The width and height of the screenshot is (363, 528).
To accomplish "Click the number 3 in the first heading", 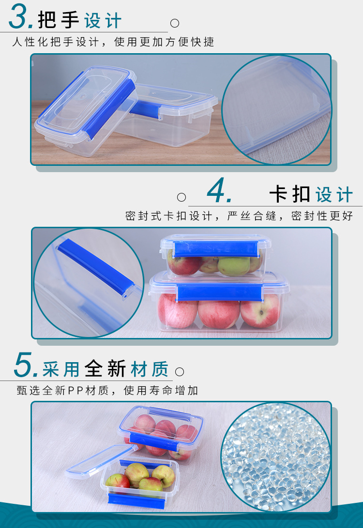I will (21, 18).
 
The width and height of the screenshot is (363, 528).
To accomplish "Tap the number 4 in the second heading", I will (219, 191).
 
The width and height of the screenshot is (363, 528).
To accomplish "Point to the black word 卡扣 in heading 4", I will (289, 194).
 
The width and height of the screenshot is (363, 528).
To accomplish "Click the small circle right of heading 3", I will (175, 23).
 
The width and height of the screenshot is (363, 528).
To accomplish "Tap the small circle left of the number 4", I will (181, 197).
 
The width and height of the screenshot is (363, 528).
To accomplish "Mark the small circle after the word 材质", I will (180, 371).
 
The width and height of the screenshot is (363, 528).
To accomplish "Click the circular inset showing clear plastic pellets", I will (276, 457).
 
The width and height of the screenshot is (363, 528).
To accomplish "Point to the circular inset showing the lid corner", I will (276, 109).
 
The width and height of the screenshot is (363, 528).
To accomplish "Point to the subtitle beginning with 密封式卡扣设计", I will (239, 216).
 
